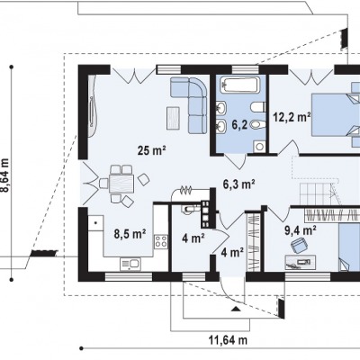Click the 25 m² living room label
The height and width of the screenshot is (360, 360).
152,150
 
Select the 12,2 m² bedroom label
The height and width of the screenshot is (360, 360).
292,116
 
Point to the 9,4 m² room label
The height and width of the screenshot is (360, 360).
301,230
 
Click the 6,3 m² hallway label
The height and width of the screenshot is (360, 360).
238,184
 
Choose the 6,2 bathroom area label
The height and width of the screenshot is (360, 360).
239,125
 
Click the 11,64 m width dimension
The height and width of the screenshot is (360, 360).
228,340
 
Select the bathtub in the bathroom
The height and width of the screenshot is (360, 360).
239,85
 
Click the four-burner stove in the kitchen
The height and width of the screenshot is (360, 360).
161,241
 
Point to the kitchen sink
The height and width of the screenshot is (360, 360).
130,265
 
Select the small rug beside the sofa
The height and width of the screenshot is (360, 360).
174,118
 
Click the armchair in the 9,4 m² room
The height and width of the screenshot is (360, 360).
299,245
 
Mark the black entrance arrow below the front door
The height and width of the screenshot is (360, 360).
237,309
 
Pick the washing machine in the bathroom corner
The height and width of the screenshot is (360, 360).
259,146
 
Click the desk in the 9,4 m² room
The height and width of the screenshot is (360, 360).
301,262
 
